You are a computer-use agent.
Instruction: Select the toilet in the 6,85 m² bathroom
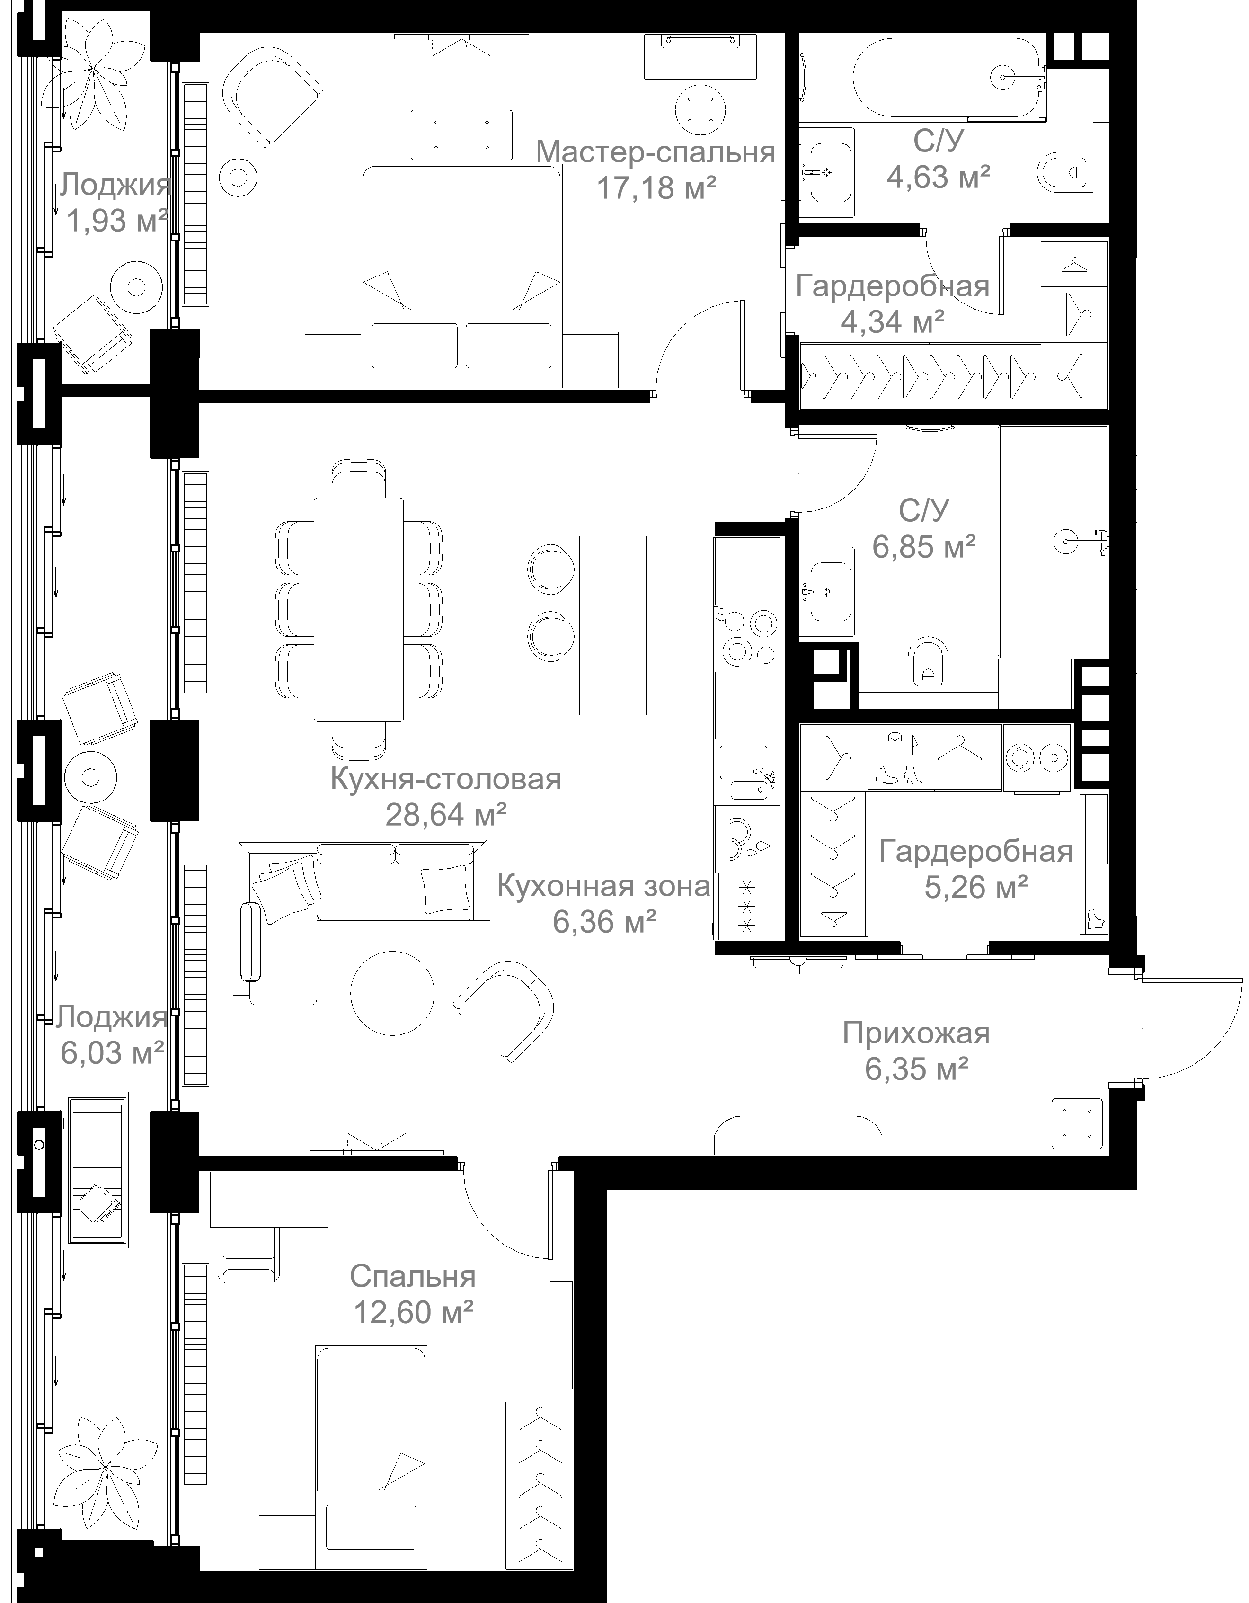tap(928, 663)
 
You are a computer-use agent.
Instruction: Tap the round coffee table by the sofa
tap(393, 993)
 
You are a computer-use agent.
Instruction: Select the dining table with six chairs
tap(359, 609)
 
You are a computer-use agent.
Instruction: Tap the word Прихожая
tap(916, 1033)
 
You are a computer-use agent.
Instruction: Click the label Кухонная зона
tap(603, 887)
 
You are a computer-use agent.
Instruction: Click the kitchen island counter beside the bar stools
tap(613, 625)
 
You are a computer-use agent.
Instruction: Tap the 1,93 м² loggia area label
tap(116, 220)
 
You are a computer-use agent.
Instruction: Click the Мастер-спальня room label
tap(656, 152)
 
